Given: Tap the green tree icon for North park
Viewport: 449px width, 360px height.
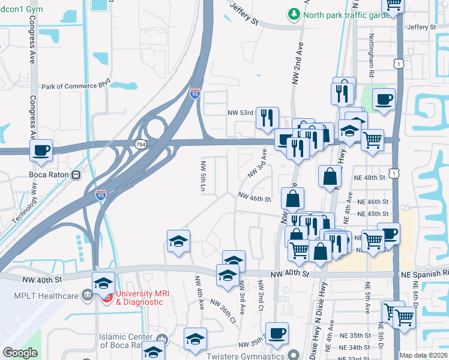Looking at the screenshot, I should [294, 13].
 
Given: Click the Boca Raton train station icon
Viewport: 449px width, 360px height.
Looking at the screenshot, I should [76, 175].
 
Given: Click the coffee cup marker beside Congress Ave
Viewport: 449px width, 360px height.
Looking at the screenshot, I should [41, 151].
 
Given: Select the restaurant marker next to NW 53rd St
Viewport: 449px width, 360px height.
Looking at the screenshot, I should [267, 118].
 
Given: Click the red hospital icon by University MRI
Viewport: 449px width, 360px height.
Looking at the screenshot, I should [107, 295].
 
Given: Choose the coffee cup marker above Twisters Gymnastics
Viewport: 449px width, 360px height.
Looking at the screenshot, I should [277, 333].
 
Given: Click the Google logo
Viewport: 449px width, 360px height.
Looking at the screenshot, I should [20, 353].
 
